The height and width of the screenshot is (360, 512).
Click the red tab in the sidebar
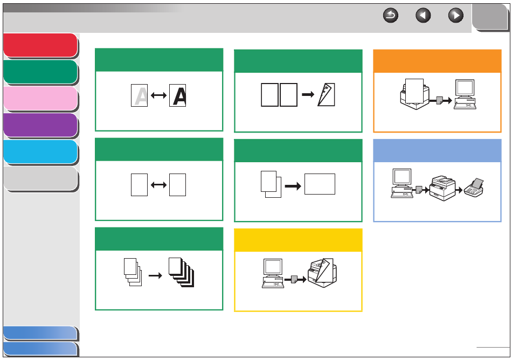tap(40, 45)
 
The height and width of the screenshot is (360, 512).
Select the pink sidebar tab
tap(40, 99)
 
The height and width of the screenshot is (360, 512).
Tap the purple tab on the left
tap(40, 125)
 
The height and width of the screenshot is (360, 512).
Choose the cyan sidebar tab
tap(40, 151)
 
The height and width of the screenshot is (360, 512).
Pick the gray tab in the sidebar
tap(40, 178)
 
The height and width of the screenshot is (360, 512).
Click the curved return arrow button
tap(390, 16)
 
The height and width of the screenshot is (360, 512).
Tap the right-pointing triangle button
tap(456, 16)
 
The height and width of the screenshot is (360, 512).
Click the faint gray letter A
tap(140, 96)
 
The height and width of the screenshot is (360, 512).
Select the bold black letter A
tap(178, 96)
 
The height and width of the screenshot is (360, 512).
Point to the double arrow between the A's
tap(158, 96)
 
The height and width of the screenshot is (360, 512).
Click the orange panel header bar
tap(437, 61)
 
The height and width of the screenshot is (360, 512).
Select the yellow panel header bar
tap(298, 240)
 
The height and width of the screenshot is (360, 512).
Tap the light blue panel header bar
tap(437, 150)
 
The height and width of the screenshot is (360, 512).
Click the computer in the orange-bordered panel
tap(464, 94)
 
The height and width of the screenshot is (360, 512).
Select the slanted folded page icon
tap(326, 95)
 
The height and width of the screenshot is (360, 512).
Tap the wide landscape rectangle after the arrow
tap(320, 184)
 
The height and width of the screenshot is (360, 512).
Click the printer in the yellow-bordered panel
tap(323, 273)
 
